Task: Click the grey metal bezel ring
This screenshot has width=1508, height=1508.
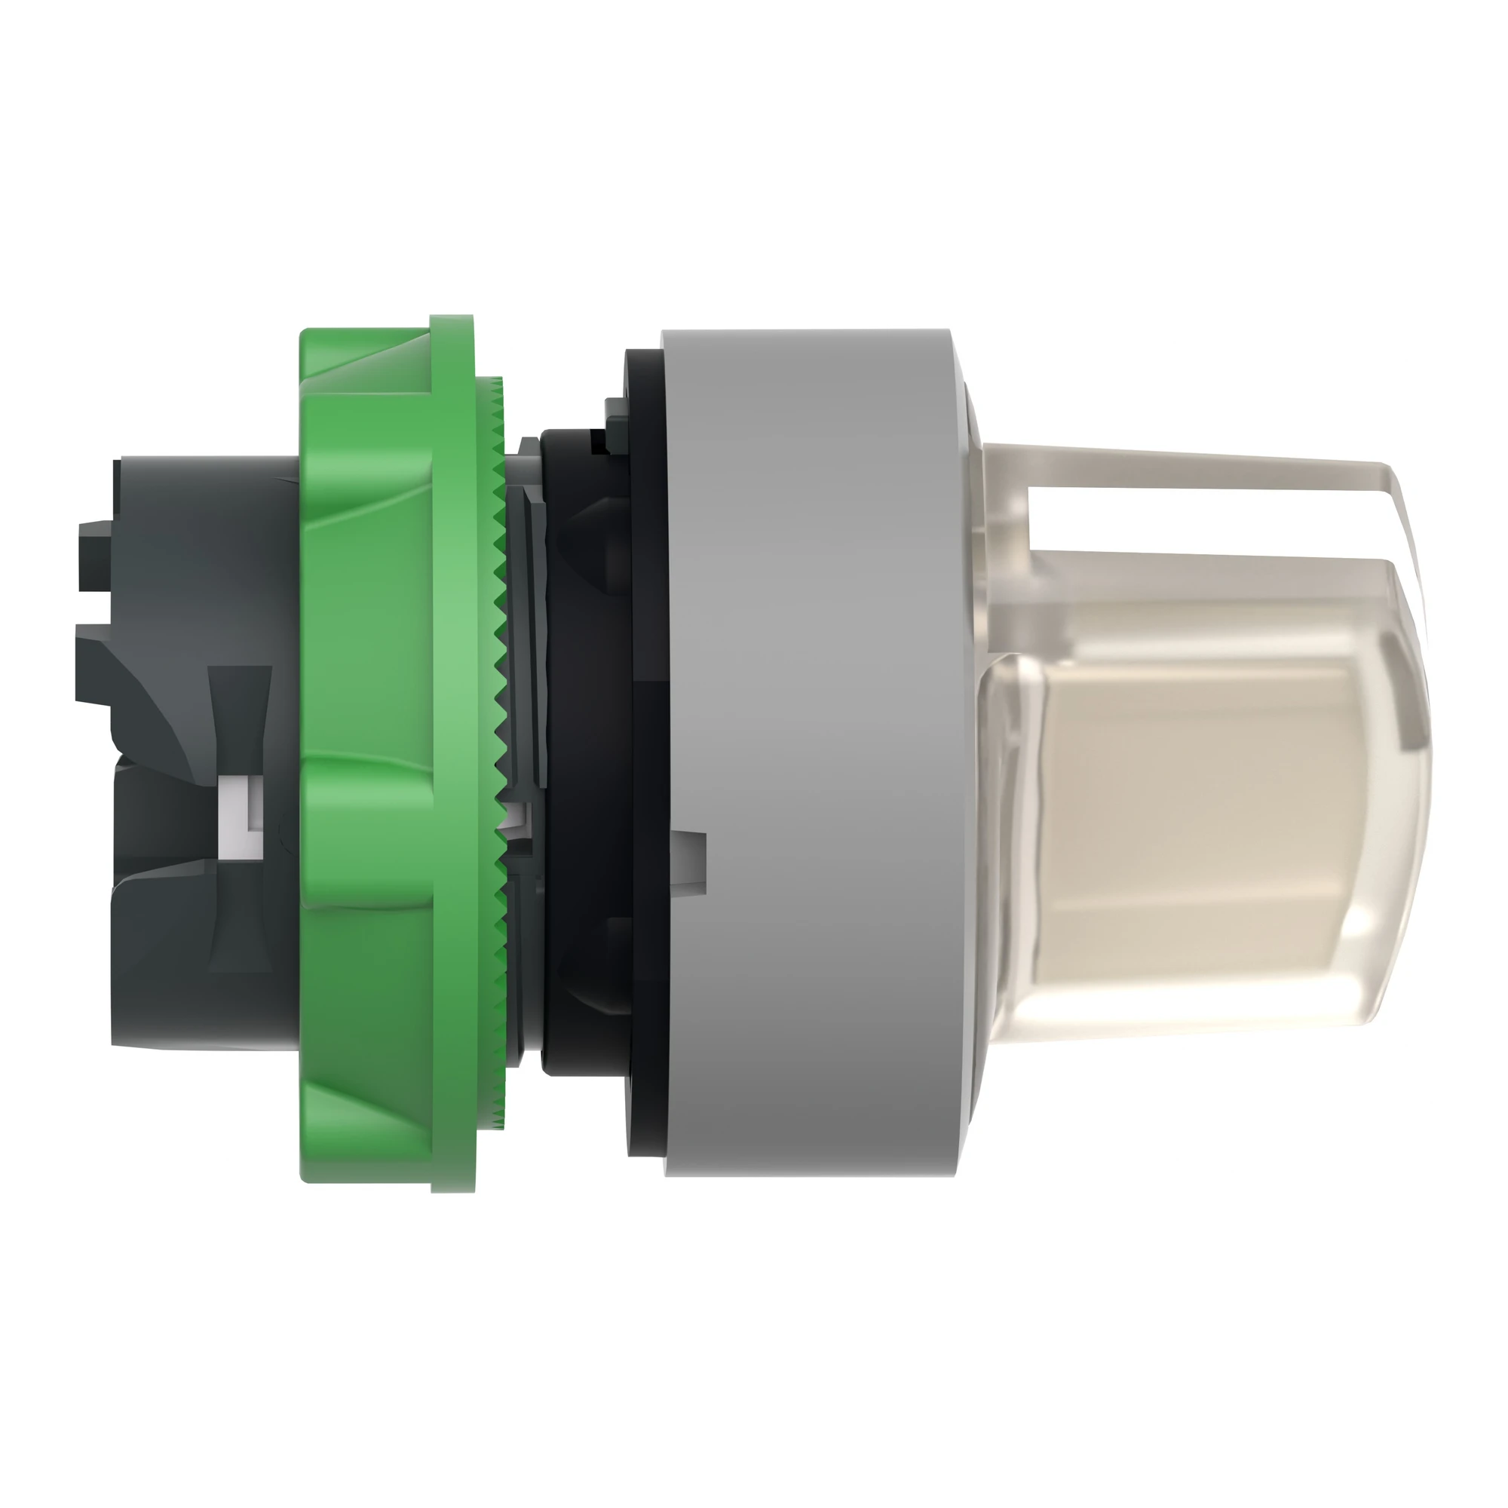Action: (x=812, y=749)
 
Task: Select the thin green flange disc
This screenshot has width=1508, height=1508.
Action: (x=452, y=749)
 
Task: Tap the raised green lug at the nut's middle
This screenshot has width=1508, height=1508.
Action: (x=367, y=827)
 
